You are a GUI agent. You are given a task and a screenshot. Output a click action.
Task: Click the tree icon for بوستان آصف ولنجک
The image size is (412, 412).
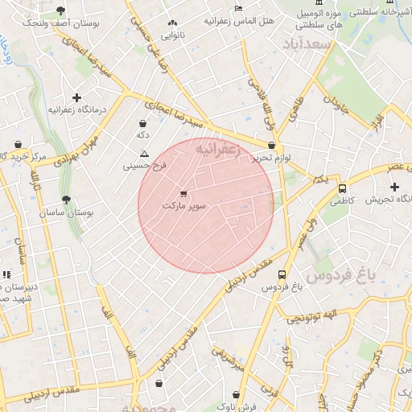(61, 11)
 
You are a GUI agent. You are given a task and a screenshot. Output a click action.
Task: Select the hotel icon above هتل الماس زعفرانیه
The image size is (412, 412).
(237, 8)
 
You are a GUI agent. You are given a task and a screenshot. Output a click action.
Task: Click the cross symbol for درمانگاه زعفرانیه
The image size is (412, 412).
(76, 97)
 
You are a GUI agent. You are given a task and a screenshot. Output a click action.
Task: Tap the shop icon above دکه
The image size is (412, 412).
(142, 124)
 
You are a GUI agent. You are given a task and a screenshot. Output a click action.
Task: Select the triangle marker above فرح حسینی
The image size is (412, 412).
(144, 154)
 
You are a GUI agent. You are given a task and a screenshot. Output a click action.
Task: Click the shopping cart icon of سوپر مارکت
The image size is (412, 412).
(183, 193)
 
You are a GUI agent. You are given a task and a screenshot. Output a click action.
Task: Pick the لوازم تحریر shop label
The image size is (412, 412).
(272, 159)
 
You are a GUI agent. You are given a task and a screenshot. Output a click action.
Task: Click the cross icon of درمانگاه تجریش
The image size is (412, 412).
(394, 187)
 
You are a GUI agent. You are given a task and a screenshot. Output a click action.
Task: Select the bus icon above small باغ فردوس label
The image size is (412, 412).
(281, 274)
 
